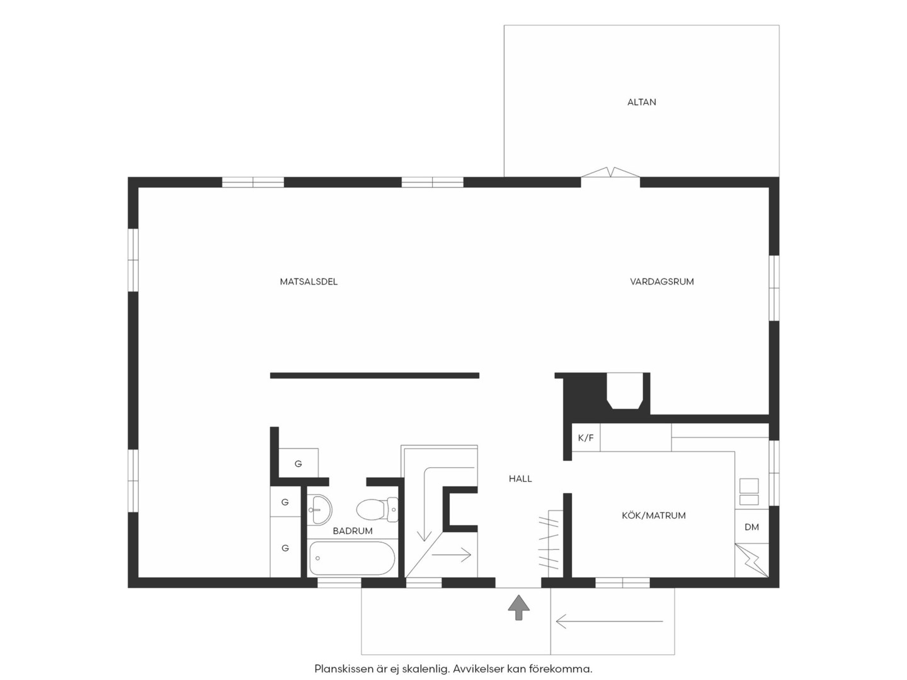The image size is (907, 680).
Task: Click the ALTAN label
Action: coord(641,102)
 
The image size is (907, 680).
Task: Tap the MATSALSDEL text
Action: coord(309,281)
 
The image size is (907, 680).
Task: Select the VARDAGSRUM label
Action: coord(662,281)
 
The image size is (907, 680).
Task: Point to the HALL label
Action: coord(520,479)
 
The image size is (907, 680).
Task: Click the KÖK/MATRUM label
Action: coord(654,515)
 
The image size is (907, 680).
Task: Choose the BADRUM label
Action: coord(353,531)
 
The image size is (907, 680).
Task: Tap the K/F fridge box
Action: coord(586,438)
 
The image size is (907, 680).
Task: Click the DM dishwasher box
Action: coord(751,527)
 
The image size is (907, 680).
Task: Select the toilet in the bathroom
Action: coord(377,509)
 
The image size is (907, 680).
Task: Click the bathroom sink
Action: coord(319,509)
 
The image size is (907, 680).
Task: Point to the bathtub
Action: coord(352,558)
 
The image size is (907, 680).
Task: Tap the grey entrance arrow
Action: coord(518,608)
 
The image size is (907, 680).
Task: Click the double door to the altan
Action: coord(610,173)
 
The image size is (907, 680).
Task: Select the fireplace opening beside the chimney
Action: coord(626,391)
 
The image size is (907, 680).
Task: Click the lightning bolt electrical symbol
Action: coord(751,560)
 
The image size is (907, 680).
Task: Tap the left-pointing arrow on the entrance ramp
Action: coord(610,621)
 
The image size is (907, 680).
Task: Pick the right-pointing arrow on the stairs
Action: coord(451,555)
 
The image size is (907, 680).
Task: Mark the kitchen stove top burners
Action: coord(749,491)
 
